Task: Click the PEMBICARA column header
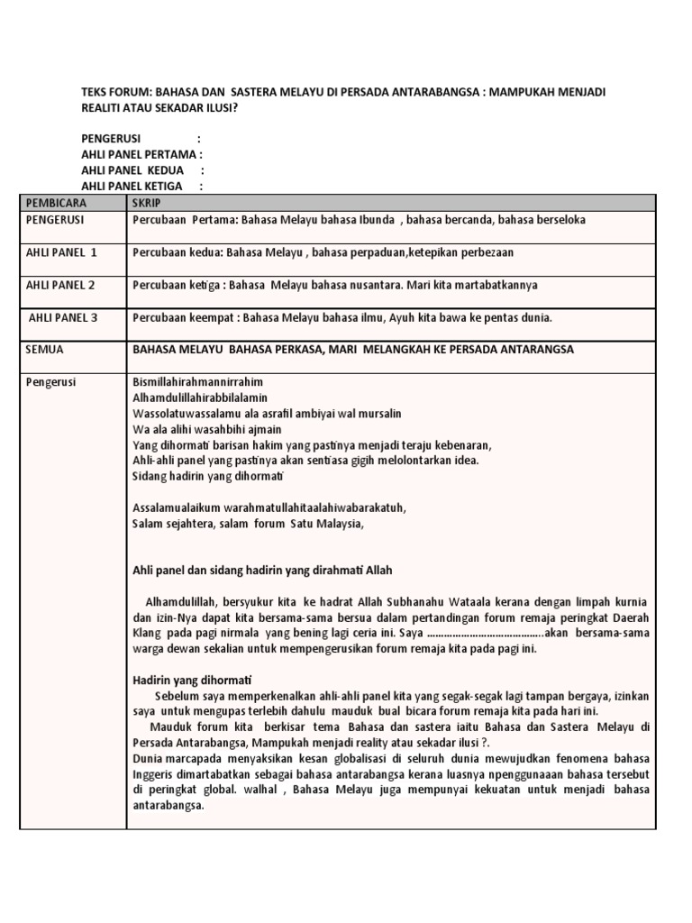[x=56, y=203]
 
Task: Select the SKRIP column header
[x=146, y=203]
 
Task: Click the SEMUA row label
[x=46, y=349]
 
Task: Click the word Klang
[x=148, y=633]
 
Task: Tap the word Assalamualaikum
[x=177, y=507]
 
